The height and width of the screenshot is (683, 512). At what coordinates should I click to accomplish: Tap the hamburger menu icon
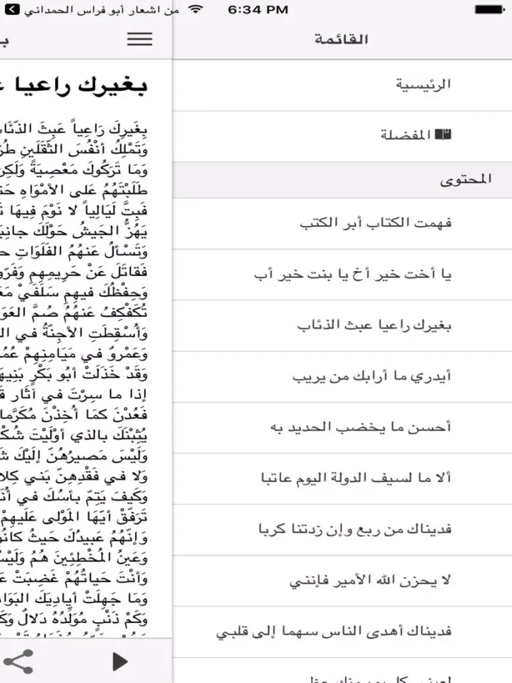click(x=139, y=39)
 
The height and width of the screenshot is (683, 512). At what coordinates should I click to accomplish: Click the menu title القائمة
click(x=341, y=39)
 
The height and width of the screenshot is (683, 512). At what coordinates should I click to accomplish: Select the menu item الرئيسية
click(x=424, y=85)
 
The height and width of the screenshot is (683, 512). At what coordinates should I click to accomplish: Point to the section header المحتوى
click(x=466, y=180)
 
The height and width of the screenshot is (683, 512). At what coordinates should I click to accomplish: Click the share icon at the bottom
click(x=18, y=660)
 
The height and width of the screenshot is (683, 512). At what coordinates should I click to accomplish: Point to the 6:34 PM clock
click(x=257, y=10)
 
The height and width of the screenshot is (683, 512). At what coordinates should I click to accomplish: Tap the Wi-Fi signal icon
click(x=197, y=10)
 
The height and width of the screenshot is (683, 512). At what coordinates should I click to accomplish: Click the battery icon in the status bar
click(x=494, y=10)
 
